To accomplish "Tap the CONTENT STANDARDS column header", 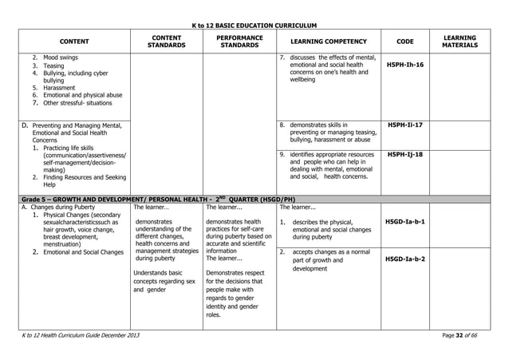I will click(x=167, y=42).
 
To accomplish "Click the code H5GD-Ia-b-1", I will click(x=404, y=221).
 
